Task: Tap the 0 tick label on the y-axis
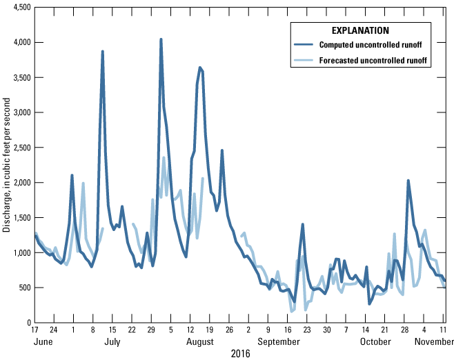[x=27, y=323]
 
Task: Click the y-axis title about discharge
[x=6, y=166]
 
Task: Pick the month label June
[x=44, y=341]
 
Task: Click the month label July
[x=112, y=341]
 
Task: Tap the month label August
[x=199, y=341]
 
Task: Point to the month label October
[x=375, y=341]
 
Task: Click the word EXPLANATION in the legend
[x=359, y=31]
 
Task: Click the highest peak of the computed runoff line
[x=161, y=39]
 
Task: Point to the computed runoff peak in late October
[x=408, y=181]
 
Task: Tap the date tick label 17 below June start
[x=35, y=330]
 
